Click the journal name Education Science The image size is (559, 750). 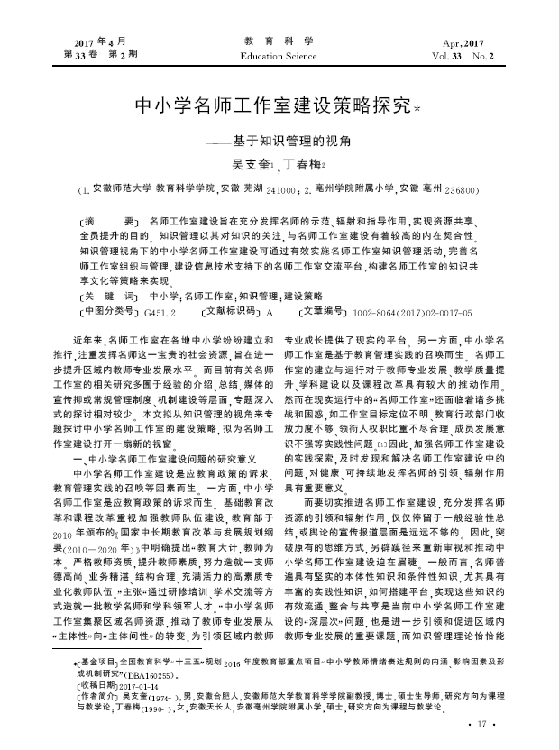[x=279, y=56]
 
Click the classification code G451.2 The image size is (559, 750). [x=159, y=312]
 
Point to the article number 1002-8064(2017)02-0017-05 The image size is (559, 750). [x=413, y=312]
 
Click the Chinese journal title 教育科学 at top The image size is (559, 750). [x=279, y=41]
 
